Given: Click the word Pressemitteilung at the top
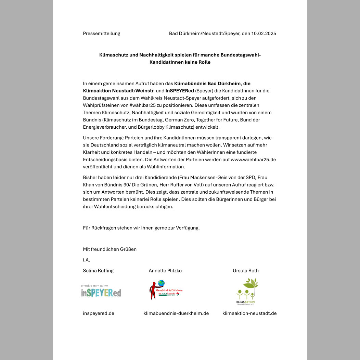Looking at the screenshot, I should (102, 34).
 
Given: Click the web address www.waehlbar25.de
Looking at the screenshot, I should (253, 159).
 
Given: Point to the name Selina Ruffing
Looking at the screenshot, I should (98, 271).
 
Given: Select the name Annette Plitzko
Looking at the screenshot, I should (165, 271).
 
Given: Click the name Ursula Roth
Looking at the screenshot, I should (246, 271).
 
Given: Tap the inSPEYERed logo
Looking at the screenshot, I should (101, 292).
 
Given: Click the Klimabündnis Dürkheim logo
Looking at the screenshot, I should (166, 290).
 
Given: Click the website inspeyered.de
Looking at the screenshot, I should (99, 313).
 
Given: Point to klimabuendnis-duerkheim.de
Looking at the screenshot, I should (176, 313).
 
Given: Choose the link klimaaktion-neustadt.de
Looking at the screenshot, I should (249, 313).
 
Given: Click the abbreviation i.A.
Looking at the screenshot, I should (87, 260).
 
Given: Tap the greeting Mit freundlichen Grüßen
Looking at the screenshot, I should (110, 249).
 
